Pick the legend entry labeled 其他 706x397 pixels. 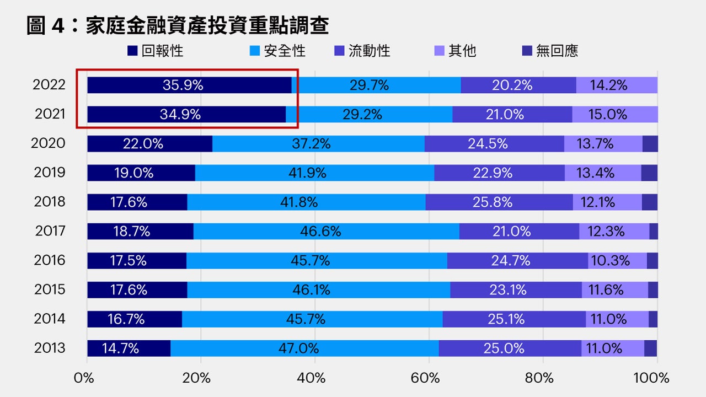point(455,51)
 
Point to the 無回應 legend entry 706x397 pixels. point(550,51)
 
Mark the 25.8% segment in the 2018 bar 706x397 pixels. point(499,202)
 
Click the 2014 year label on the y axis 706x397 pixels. point(50,319)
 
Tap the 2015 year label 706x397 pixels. point(50,289)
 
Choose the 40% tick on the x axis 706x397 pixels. point(314,378)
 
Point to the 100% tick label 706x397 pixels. point(651,378)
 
